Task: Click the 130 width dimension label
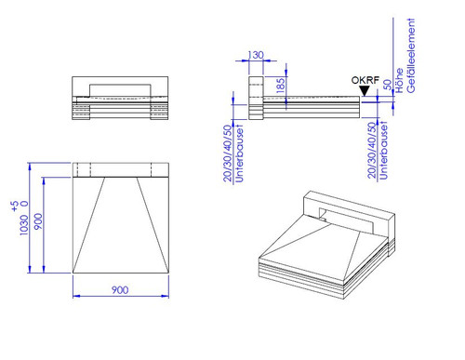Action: tap(256, 55)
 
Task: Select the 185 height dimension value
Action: tap(280, 86)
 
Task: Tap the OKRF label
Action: tap(365, 80)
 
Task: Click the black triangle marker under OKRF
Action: tap(365, 91)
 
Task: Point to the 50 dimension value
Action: tap(388, 85)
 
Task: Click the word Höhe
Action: tap(399, 81)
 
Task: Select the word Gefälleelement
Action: tap(410, 56)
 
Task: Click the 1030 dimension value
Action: tap(23, 225)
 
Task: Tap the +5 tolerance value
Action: tap(15, 207)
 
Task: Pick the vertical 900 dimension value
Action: tap(38, 221)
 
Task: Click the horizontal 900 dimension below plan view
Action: tap(120, 290)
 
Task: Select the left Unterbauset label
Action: tap(239, 153)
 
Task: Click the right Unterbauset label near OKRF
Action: tap(383, 151)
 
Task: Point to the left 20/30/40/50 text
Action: tap(228, 153)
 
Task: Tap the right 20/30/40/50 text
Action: tap(372, 150)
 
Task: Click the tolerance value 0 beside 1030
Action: tap(24, 204)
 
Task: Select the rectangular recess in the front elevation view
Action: tap(120, 90)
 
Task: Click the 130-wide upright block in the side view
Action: tap(256, 98)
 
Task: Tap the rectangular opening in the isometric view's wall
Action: tap(346, 220)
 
